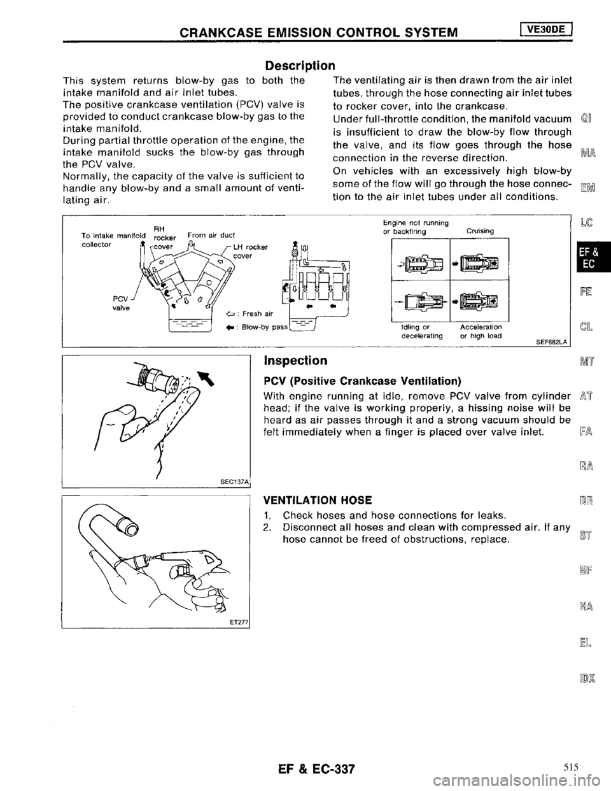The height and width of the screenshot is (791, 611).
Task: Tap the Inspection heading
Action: click(295, 361)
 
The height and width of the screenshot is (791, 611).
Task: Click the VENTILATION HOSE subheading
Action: click(313, 501)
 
